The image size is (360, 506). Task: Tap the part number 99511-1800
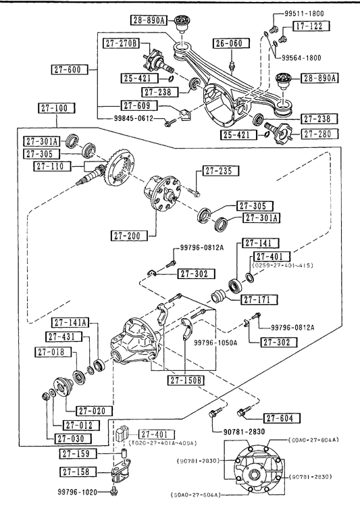(304, 14)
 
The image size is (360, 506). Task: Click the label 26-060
(232, 43)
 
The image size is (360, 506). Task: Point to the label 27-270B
(121, 43)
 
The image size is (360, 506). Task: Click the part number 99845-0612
(134, 118)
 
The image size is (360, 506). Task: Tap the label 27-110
(50, 166)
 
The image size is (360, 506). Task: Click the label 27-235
(221, 171)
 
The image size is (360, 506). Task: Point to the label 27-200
(128, 236)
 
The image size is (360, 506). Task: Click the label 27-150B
(186, 380)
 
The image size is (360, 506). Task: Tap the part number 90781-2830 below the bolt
(244, 432)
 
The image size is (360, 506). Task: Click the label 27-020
(94, 411)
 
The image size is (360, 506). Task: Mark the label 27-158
(78, 472)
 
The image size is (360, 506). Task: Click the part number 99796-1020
(78, 492)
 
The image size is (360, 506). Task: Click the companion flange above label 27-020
(62, 386)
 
